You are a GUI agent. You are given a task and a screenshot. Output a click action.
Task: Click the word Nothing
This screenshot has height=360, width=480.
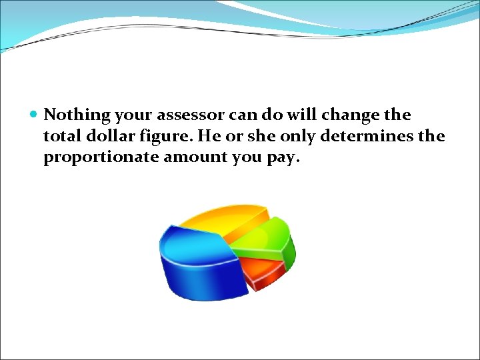[x=76, y=115]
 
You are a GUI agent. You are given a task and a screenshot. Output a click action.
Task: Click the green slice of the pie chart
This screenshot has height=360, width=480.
[x=267, y=240]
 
